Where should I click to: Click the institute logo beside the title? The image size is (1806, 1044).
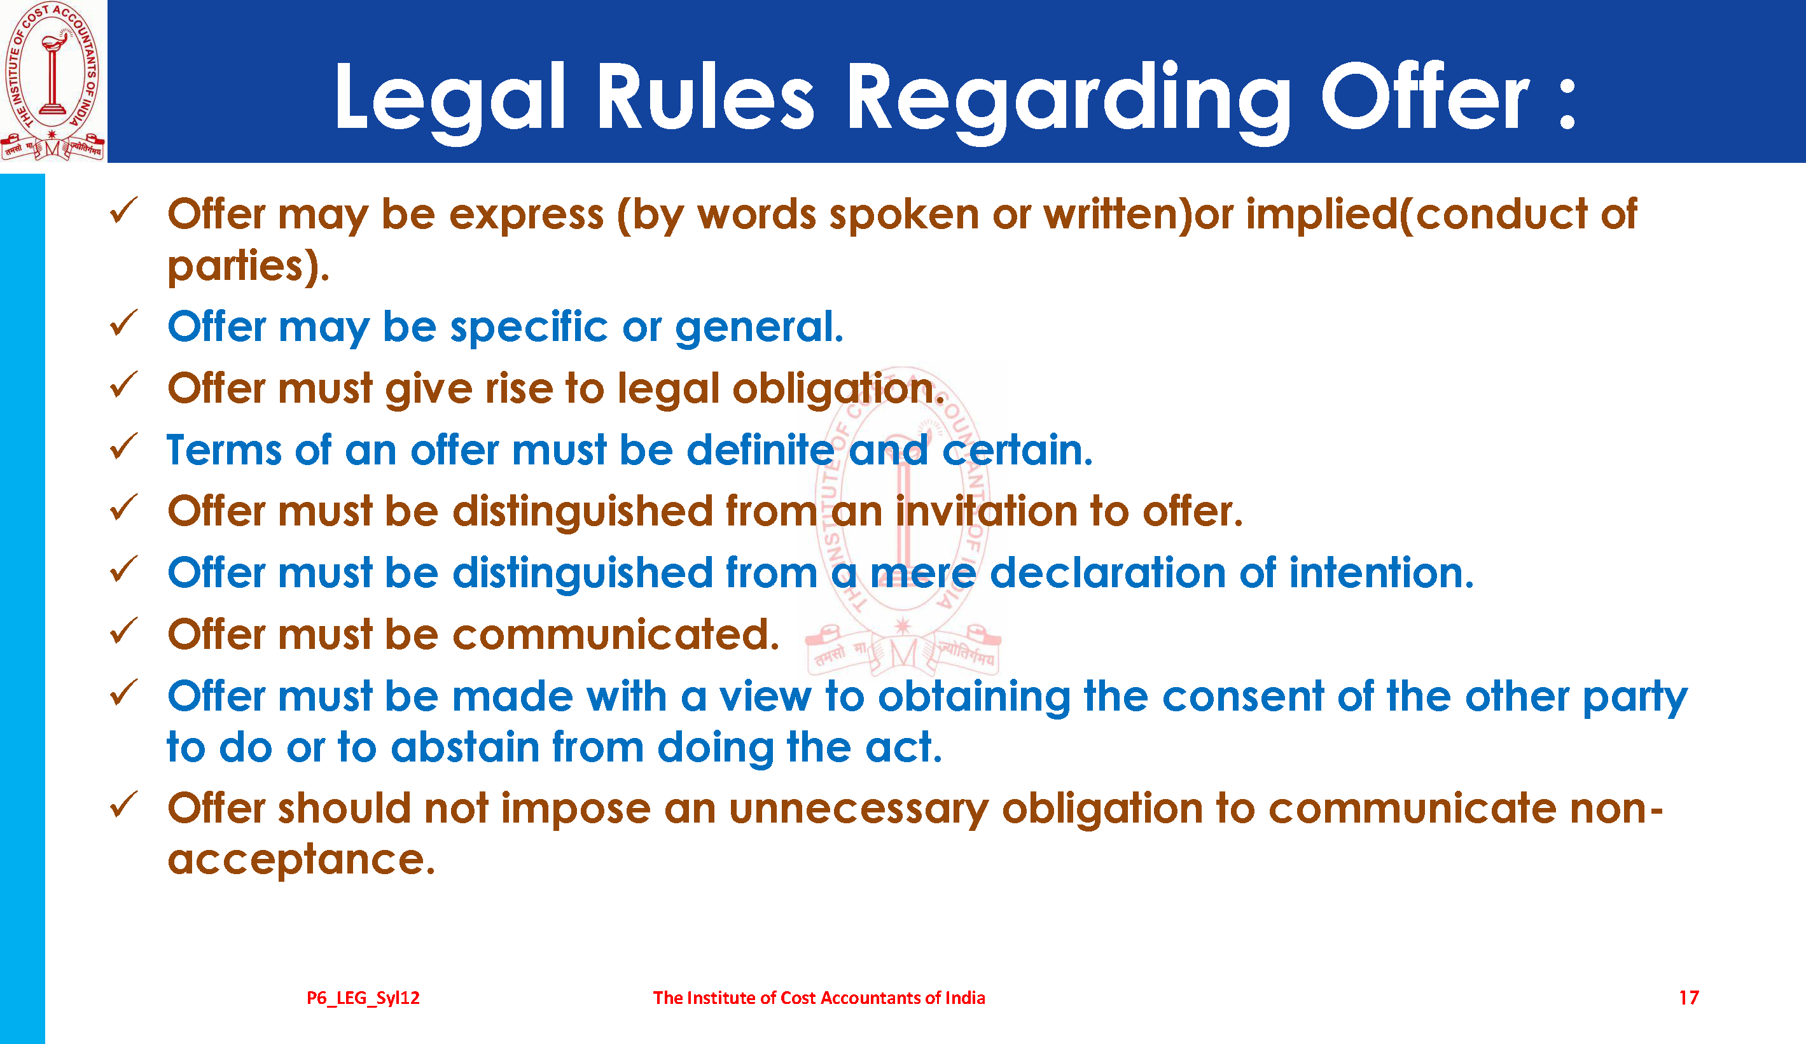pyautogui.click(x=53, y=80)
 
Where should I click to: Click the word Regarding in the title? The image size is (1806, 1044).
pyautogui.click(x=1069, y=101)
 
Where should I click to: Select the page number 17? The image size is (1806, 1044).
pyautogui.click(x=1689, y=998)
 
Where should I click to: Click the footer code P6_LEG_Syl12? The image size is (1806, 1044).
pyautogui.click(x=363, y=998)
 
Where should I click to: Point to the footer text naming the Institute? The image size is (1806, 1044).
pyautogui.click(x=819, y=998)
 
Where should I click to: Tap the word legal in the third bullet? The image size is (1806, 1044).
pyautogui.click(x=668, y=390)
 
